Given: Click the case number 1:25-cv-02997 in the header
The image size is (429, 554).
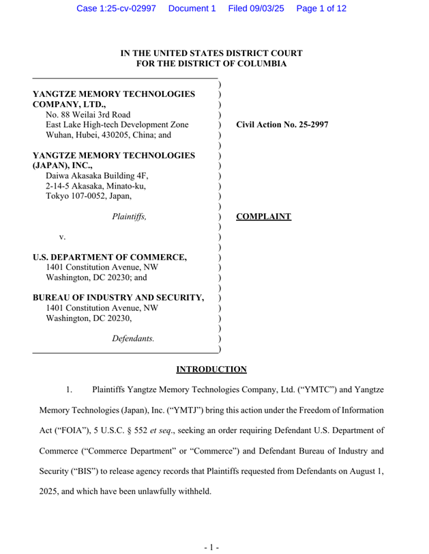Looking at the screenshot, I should point(117,8).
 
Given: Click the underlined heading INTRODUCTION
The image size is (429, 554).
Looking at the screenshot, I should point(211,370).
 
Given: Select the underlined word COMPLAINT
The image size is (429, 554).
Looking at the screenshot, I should point(263,217).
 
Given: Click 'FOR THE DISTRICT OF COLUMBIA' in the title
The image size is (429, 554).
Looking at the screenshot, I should point(211,64).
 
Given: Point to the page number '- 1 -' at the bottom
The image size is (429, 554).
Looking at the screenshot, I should point(211,546).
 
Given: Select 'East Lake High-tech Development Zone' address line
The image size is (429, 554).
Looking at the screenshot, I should point(117,125).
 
